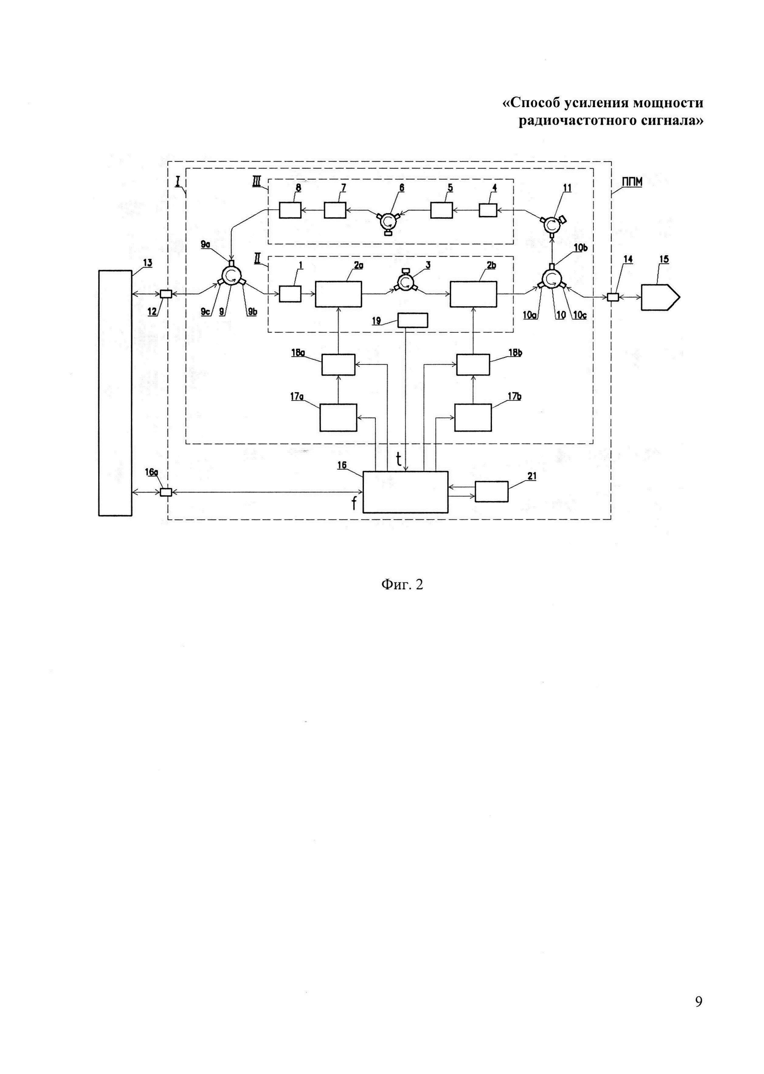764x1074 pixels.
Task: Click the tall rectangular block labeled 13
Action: pos(115,393)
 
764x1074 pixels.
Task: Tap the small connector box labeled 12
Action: pos(166,294)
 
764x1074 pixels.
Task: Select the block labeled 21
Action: pos(491,492)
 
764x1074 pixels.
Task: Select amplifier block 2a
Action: pos(338,294)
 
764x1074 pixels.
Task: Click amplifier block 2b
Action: pos(473,294)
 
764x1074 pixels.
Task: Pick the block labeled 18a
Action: pos(338,365)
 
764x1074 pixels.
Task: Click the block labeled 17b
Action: pos(473,417)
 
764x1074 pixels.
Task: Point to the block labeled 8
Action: pos(290,210)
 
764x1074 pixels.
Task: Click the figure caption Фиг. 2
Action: pos(402,585)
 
